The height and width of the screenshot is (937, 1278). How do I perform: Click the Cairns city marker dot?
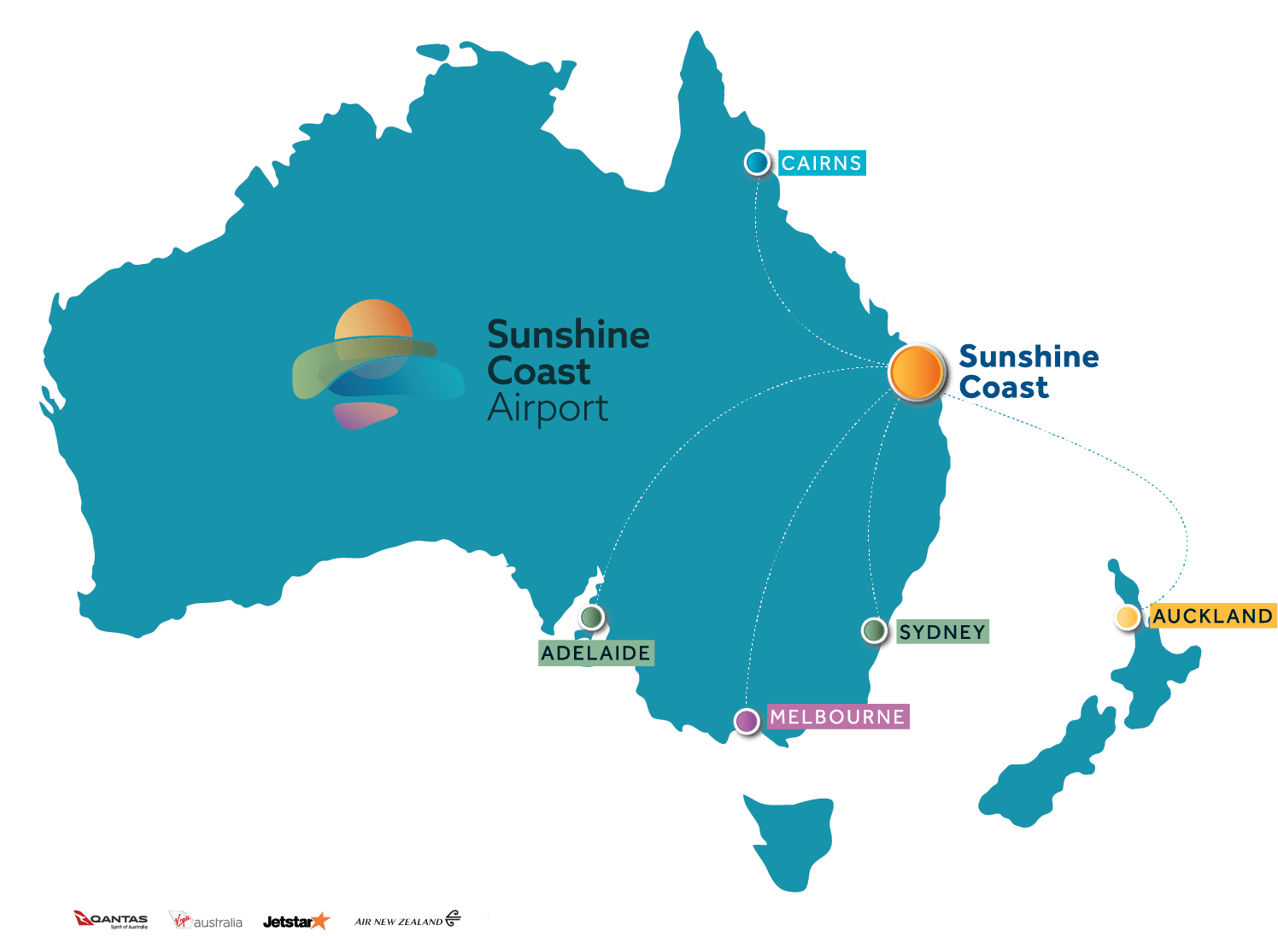pos(757,162)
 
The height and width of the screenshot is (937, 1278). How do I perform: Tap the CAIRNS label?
pos(822,163)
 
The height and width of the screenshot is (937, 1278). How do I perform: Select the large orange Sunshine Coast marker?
pos(916,372)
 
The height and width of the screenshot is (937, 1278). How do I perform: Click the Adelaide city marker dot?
pos(591,617)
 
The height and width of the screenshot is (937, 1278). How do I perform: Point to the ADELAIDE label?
pos(596,653)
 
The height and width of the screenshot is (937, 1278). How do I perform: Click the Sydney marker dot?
pos(874,630)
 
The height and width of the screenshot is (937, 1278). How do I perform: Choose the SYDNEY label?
pos(942,632)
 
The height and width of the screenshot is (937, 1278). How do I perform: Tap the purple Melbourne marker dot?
pos(747,721)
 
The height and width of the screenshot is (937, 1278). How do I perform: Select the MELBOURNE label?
pos(838,717)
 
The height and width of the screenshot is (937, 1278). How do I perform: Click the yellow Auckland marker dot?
pos(1127,617)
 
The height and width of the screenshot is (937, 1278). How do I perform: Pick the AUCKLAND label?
pos(1213,616)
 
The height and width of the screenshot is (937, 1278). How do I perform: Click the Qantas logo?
pos(111,921)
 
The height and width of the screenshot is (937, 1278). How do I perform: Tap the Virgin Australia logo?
pos(205,921)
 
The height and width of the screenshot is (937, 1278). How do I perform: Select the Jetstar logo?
pos(296,921)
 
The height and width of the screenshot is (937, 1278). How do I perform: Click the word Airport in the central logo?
pos(548,409)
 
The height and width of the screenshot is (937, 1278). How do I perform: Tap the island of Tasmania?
pos(790,837)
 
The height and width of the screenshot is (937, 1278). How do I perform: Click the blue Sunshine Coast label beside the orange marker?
pos(1028,372)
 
